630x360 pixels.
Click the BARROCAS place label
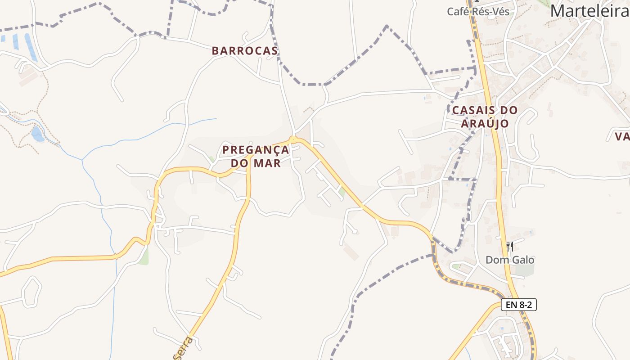pyautogui.click(x=245, y=51)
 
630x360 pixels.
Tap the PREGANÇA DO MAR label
pyautogui.click(x=256, y=156)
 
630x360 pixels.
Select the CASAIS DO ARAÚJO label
pyautogui.click(x=485, y=117)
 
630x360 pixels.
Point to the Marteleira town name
pyautogui.click(x=589, y=10)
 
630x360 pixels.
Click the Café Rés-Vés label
pyautogui.click(x=478, y=12)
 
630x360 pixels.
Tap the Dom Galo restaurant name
pyautogui.click(x=510, y=260)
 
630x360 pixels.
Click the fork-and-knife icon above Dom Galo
pyautogui.click(x=510, y=246)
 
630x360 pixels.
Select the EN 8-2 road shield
pyautogui.click(x=519, y=305)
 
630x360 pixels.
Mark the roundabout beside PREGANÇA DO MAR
pyautogui.click(x=293, y=139)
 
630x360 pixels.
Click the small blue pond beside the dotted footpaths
pyautogui.click(x=38, y=134)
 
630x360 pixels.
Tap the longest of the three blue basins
pyautogui.click(x=31, y=47)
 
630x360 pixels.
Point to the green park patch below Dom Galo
pyautogui.click(x=524, y=270)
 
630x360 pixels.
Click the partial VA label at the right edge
pyautogui.click(x=623, y=136)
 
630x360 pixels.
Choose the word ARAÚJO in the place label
pyautogui.click(x=485, y=123)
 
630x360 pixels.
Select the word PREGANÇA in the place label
pyautogui.click(x=256, y=149)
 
